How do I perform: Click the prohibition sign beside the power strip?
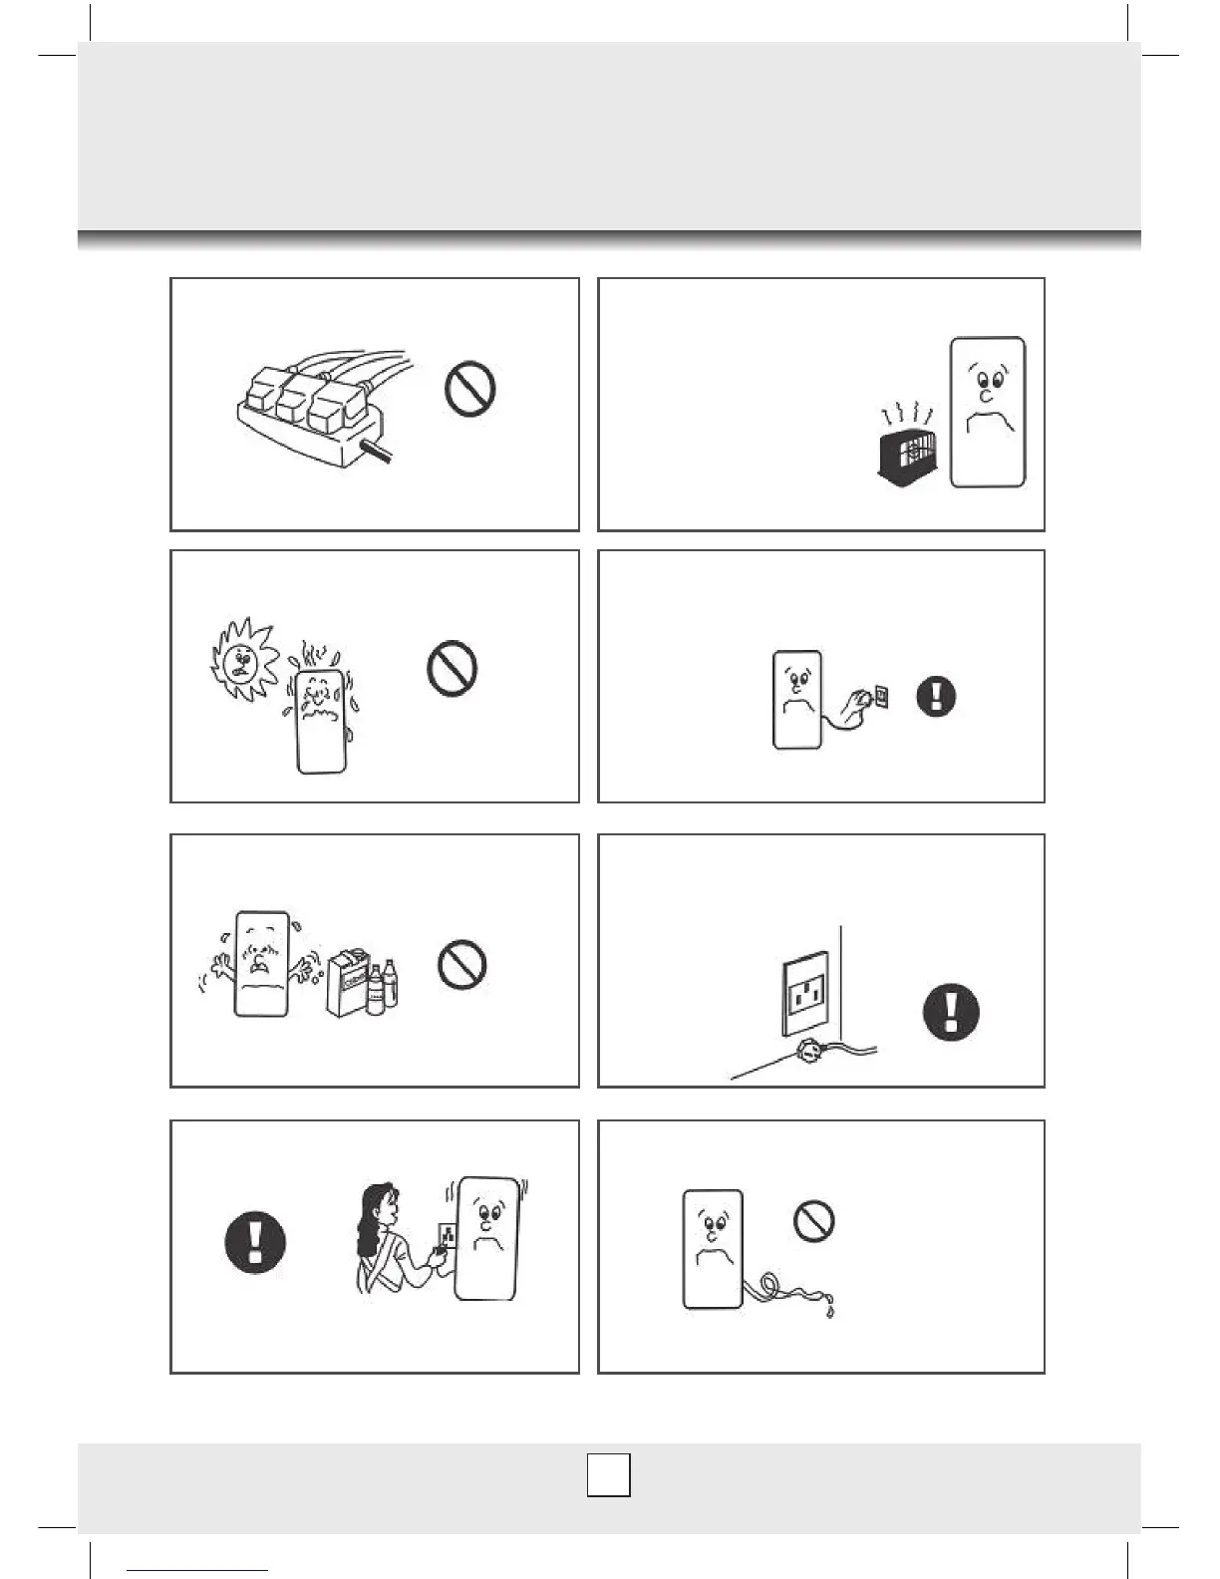click(x=470, y=389)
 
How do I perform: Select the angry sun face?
click(x=243, y=658)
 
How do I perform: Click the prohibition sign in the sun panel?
click(x=452, y=668)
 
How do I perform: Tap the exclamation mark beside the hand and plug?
click(x=936, y=696)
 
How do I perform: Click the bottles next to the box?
click(x=384, y=989)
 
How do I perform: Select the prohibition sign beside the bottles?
click(x=462, y=964)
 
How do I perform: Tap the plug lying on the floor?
click(x=808, y=1049)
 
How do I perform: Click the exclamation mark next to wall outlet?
click(x=951, y=1012)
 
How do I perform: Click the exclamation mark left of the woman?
click(x=256, y=1241)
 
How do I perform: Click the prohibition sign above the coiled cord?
click(x=814, y=1220)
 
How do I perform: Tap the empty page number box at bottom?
click(x=608, y=1475)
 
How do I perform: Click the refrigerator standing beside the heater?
click(x=987, y=412)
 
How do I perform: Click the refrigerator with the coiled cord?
click(x=712, y=1248)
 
